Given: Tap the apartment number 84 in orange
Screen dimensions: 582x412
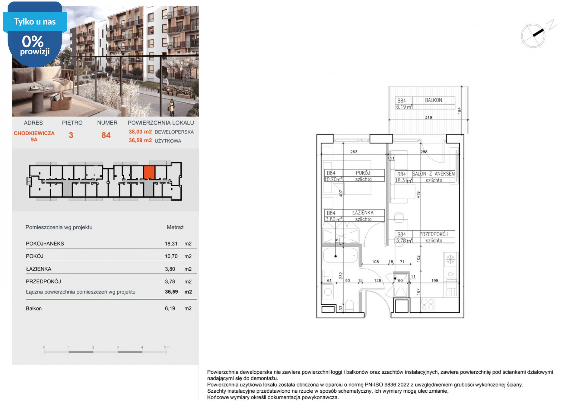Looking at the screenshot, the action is (x=106, y=135).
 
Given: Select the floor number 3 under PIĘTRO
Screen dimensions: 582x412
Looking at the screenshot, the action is (x=71, y=135).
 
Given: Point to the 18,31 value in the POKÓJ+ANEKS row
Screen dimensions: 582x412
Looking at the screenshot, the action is (x=171, y=244).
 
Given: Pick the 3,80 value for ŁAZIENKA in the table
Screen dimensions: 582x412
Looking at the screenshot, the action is (x=170, y=269).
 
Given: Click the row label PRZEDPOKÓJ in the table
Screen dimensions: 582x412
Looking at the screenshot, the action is (x=43, y=282).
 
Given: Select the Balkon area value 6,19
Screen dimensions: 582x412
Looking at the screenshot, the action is (x=170, y=308).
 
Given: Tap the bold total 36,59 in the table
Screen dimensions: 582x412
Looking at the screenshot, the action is (x=171, y=292).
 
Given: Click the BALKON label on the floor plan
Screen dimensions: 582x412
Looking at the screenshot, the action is (x=433, y=100).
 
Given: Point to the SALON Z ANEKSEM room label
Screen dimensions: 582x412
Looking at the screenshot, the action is (x=434, y=174).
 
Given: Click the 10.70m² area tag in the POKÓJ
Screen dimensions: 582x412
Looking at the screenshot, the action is (x=333, y=179).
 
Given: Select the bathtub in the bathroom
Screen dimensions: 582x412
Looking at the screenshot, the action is (x=340, y=256).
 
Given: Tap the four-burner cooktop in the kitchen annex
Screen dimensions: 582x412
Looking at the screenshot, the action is (x=428, y=304).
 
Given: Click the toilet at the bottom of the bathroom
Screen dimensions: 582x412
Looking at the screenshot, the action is (x=349, y=306).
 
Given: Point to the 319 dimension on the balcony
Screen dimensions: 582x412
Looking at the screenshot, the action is (x=428, y=117).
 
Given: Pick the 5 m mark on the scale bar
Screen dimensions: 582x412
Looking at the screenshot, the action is (x=167, y=347).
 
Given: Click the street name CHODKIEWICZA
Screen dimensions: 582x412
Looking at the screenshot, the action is (x=34, y=133).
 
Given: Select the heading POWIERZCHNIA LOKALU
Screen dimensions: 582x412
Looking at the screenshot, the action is (x=161, y=123).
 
